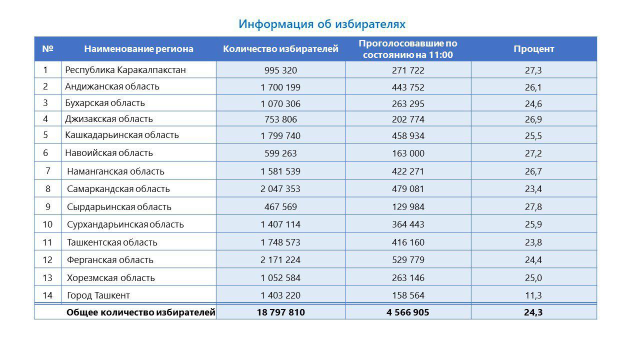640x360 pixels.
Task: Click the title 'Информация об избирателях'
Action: (x=322, y=24)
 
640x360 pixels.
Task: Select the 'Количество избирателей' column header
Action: (x=280, y=49)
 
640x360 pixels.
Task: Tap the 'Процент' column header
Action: (x=533, y=49)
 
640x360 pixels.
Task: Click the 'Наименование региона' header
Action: (x=138, y=49)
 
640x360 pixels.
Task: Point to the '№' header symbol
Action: (x=47, y=48)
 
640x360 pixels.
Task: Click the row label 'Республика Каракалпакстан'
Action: (x=125, y=70)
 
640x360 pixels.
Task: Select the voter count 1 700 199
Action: (x=280, y=87)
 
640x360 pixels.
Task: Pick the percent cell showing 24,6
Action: (x=533, y=103)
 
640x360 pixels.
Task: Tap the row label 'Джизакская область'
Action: (x=109, y=119)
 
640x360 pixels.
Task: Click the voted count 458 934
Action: (x=408, y=135)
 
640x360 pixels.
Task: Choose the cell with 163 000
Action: (x=408, y=153)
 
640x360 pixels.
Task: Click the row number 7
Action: (x=47, y=171)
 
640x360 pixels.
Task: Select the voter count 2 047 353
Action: (x=280, y=189)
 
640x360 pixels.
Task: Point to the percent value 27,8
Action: (x=533, y=207)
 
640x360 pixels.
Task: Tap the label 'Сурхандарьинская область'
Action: (x=125, y=224)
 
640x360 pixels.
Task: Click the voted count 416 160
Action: (x=408, y=242)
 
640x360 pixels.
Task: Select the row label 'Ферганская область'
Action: (x=110, y=260)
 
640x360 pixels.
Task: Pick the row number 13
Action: (x=47, y=277)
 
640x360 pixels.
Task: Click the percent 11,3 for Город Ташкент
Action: (x=533, y=295)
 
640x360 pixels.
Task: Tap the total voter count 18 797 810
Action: (x=280, y=312)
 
